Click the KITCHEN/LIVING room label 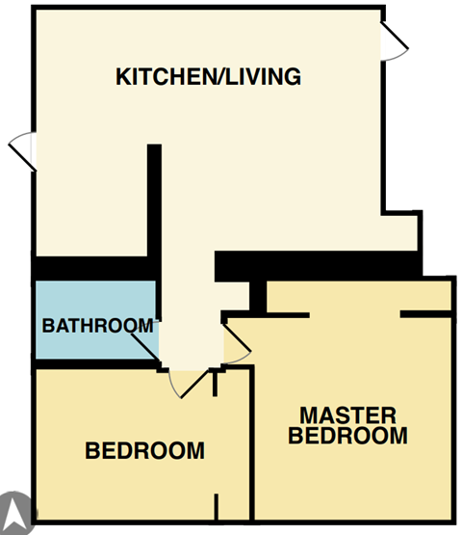point(209,76)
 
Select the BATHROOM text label point(97,326)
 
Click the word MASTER point(347,415)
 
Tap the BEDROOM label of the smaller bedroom point(144,450)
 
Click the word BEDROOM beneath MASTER point(347,436)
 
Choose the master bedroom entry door point(236,343)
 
